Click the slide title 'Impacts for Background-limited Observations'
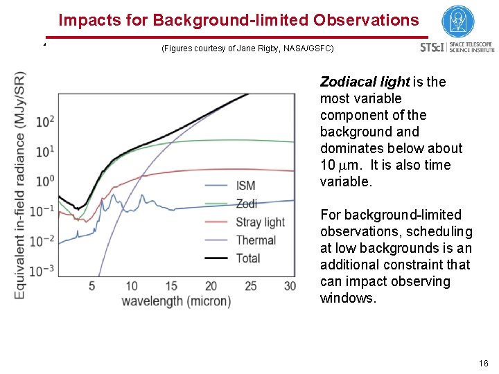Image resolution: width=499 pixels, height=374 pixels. click(238, 20)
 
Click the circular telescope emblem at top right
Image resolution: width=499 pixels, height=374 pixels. click(457, 21)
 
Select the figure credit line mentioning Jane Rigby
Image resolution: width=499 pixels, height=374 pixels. click(247, 48)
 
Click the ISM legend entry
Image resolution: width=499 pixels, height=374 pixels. click(245, 186)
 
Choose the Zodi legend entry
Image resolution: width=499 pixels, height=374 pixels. click(247, 204)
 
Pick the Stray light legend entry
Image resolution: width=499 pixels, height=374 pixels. click(260, 222)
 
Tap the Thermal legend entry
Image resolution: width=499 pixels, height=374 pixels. click(256, 240)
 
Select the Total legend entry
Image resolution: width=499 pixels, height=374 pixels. click(248, 258)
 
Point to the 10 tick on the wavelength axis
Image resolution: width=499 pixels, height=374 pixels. click(132, 286)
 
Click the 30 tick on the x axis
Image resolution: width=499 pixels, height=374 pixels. click(290, 286)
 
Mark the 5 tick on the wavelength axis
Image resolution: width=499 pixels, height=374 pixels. click(92, 286)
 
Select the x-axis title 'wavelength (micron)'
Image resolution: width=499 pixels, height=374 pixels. click(176, 301)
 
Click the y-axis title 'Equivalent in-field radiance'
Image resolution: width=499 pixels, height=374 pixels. click(20, 186)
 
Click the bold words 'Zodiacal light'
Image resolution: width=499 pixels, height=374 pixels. click(365, 82)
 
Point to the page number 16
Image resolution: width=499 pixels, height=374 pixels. click(483, 363)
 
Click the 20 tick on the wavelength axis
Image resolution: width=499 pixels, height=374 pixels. click(211, 286)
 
